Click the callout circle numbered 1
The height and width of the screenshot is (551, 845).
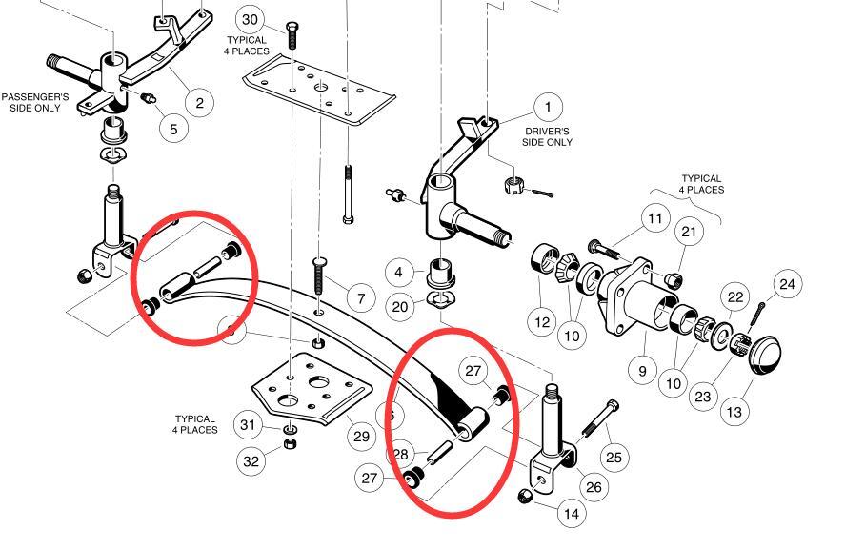[x=548, y=107]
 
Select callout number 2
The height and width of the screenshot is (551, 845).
[x=199, y=103]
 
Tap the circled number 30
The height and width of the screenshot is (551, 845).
[x=251, y=19]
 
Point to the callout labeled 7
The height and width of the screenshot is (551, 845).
[x=360, y=299]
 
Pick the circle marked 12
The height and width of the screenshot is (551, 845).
[x=542, y=322]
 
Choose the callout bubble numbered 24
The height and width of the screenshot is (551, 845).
[x=786, y=284]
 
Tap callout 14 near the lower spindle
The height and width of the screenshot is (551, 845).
[x=571, y=514]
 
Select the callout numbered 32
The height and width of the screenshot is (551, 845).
[x=251, y=461]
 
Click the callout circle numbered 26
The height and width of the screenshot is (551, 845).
[x=594, y=487]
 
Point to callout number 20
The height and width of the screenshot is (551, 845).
[x=400, y=306]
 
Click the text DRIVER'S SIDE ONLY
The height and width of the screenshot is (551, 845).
[x=547, y=136]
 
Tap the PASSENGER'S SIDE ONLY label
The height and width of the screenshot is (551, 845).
[x=30, y=103]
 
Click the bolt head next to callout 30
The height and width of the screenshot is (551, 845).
[x=292, y=26]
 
